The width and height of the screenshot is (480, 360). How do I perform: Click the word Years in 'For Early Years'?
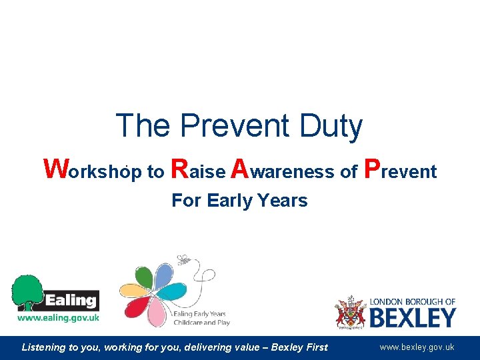click(285, 201)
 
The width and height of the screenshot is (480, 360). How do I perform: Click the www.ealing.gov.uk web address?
click(58, 318)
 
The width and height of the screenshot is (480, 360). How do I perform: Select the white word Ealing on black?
click(71, 300)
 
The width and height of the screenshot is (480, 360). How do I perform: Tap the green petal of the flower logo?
click(143, 275)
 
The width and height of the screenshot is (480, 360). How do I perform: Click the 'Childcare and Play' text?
click(201, 323)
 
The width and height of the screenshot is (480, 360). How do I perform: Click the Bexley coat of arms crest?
click(350, 312)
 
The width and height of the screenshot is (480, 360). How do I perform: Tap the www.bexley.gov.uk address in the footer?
click(417, 347)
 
